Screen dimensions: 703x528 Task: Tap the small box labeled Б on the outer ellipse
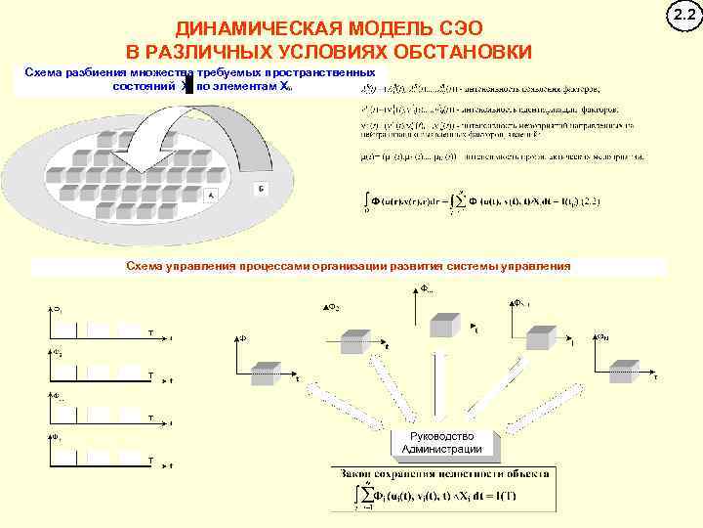coord(259,188)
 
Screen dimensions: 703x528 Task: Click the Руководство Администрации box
coord(442,443)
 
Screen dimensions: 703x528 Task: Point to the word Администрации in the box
coord(442,450)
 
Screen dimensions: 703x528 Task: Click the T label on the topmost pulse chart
coord(149,332)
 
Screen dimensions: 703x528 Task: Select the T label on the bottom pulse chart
coord(149,460)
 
